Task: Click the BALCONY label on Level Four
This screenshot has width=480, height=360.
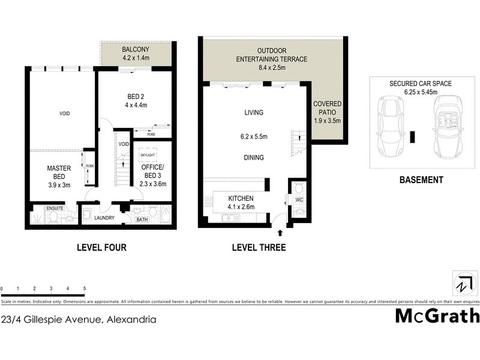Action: [x=136, y=49]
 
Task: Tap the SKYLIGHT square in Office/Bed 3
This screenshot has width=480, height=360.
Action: [x=148, y=156]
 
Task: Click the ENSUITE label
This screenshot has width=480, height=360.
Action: [x=55, y=208]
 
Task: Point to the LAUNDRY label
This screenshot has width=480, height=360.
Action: [x=104, y=218]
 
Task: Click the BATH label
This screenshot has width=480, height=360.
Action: [x=142, y=220]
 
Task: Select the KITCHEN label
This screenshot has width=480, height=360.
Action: [x=241, y=199]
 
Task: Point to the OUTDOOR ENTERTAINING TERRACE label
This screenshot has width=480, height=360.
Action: [x=274, y=55]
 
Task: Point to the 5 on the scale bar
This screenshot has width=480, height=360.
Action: [x=85, y=289]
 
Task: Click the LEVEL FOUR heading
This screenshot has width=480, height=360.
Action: [x=101, y=247]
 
